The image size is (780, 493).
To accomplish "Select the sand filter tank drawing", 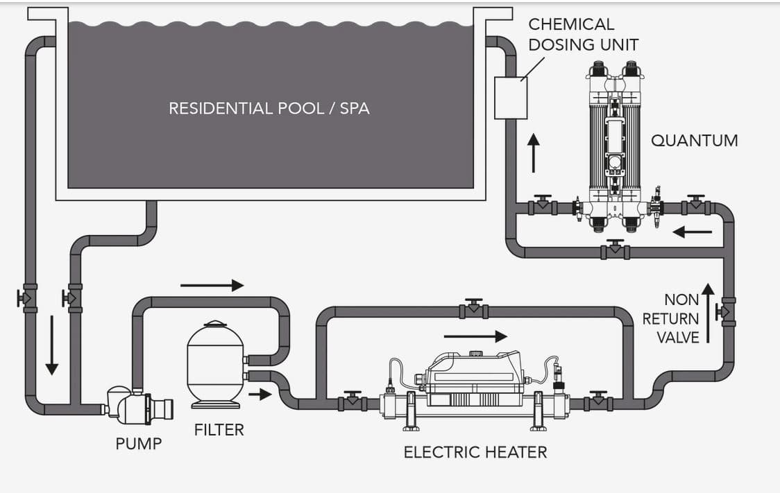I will [x=216, y=364].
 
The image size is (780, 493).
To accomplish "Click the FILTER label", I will [x=219, y=430].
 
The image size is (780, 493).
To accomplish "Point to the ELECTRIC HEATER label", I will [x=475, y=453].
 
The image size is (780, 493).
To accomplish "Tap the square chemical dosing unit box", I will [x=511, y=98].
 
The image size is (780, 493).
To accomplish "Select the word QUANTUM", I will [x=694, y=140].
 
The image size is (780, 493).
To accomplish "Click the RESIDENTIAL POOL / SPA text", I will [x=269, y=108].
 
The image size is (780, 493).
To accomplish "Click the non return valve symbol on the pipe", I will [x=727, y=312].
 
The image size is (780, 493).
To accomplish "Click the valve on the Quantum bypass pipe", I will [x=615, y=249].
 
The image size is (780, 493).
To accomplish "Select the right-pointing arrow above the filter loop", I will [x=212, y=285].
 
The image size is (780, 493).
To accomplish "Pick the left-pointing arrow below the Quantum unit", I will [x=692, y=232].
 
